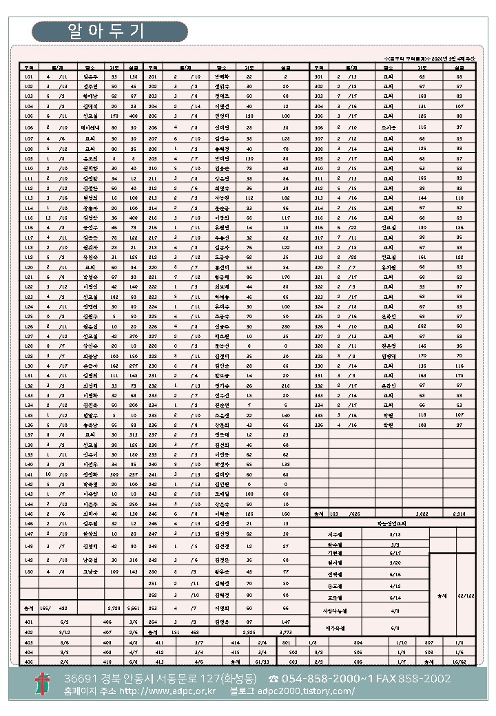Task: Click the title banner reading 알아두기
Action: click(110, 31)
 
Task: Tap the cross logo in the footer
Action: click(43, 684)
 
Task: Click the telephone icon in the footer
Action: click(273, 679)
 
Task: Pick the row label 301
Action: click(318, 76)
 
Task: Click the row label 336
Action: click(318, 425)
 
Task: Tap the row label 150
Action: click(28, 571)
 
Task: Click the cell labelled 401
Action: click(28, 622)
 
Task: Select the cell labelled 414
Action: click(236, 641)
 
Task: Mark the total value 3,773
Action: click(285, 631)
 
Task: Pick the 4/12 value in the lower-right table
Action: click(395, 586)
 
